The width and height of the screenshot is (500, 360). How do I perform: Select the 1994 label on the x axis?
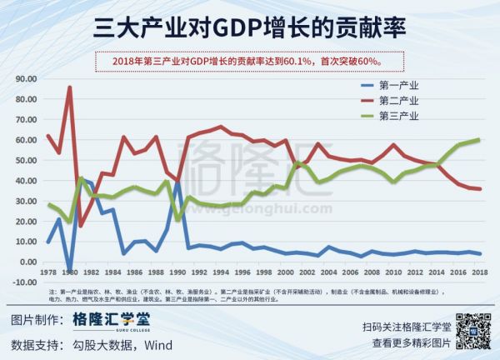pyautogui.click(x=220, y=272)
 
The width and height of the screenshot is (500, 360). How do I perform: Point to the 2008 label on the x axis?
pyautogui.click(x=371, y=272)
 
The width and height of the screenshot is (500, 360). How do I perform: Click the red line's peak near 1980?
pyautogui.click(x=69, y=87)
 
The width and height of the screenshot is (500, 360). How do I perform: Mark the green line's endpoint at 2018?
pyautogui.click(x=478, y=139)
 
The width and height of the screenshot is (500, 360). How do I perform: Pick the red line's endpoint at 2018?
pyautogui.click(x=478, y=189)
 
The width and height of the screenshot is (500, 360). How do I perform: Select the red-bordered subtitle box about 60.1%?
pyautogui.click(x=250, y=60)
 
